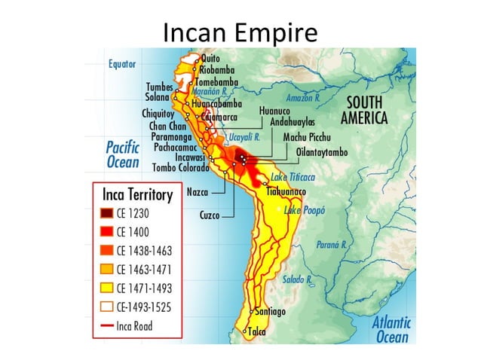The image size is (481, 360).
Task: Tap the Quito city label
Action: coord(211,57)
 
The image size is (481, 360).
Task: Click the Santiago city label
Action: coord(270,311)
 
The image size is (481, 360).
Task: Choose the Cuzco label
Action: coord(210,215)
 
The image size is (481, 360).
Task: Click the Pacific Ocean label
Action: coord(122,154)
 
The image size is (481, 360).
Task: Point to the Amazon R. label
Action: coord(302,98)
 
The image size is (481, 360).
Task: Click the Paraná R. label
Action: coord(331,245)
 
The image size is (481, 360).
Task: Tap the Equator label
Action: coord(121,64)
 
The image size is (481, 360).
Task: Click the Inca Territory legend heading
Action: coord(137,194)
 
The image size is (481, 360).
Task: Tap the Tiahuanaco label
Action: coord(292,193)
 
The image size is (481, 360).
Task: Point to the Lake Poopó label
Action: coord(304,211)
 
